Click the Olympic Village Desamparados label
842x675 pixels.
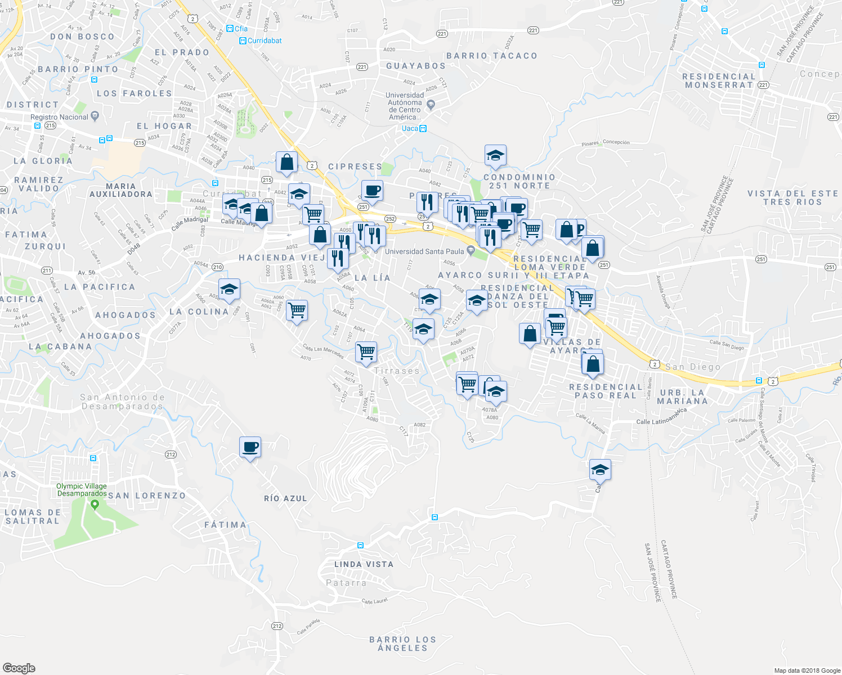(82, 489)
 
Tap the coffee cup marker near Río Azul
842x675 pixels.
(250, 447)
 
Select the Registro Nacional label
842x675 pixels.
(59, 117)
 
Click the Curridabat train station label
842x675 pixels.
(264, 40)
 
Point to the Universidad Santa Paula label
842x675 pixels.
(424, 251)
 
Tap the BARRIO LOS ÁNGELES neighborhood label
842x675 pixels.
(402, 643)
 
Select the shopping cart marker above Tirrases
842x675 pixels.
(366, 352)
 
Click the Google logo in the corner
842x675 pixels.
(19, 668)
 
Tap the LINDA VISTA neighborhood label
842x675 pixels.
(364, 564)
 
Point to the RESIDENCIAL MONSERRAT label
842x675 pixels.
(719, 80)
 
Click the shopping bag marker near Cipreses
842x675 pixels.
(286, 162)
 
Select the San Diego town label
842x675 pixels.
(692, 367)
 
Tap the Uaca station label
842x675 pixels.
(410, 128)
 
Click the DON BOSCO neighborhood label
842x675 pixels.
(82, 37)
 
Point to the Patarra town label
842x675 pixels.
(346, 583)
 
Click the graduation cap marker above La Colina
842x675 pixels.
(229, 289)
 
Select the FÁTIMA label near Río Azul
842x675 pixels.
(225, 525)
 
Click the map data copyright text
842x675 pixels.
(807, 670)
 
